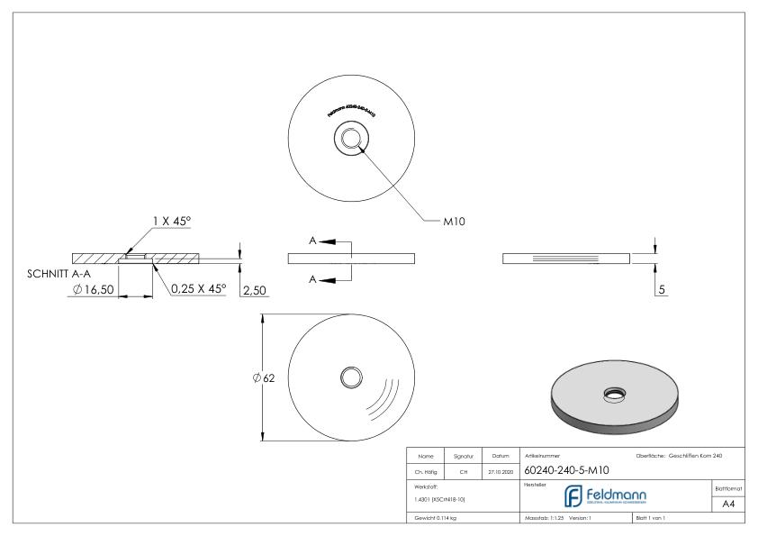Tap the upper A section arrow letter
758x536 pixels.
(311, 242)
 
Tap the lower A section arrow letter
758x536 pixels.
(311, 280)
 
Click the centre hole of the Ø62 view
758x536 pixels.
(347, 377)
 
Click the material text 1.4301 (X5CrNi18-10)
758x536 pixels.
(440, 498)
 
